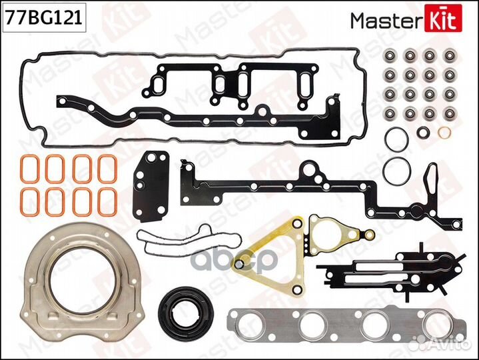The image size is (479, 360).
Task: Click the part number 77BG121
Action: click(43, 19)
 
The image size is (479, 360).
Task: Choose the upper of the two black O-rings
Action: click(396, 137)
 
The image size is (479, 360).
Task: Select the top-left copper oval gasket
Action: click(29, 167)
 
